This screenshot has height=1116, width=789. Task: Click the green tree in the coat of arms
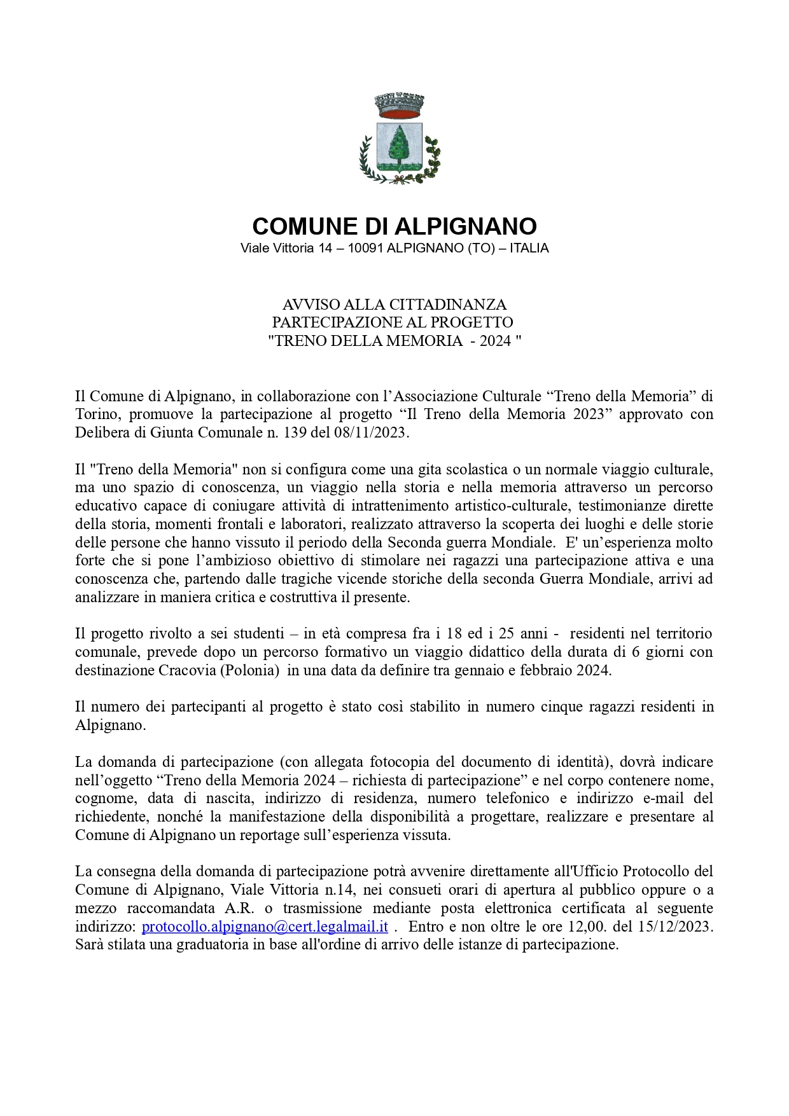click(x=399, y=145)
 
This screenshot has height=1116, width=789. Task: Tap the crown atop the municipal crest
click(x=399, y=106)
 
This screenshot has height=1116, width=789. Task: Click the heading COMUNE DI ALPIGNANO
click(x=394, y=226)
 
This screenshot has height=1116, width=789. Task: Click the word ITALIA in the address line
click(x=529, y=249)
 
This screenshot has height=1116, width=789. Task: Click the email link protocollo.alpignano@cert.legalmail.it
click(x=265, y=927)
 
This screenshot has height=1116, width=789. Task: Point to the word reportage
click(x=268, y=835)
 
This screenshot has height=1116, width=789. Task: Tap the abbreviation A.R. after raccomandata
click(x=239, y=908)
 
